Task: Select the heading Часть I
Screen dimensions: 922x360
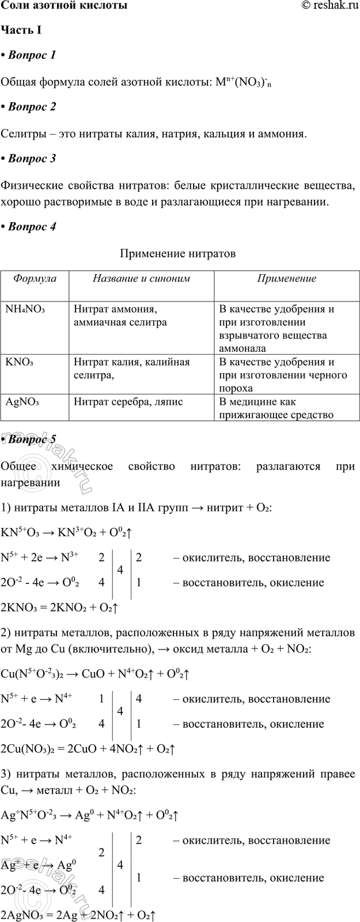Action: (x=20, y=30)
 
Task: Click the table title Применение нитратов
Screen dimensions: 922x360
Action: (x=178, y=253)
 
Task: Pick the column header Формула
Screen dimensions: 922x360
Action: (x=35, y=279)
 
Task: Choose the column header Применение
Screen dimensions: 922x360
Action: (x=286, y=279)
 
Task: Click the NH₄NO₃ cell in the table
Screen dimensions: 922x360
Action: (x=25, y=309)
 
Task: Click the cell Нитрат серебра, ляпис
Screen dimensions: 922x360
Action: (x=128, y=402)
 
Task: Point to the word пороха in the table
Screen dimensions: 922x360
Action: (x=236, y=389)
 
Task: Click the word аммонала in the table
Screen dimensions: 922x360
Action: (x=242, y=348)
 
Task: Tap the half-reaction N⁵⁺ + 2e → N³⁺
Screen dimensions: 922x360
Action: (x=40, y=557)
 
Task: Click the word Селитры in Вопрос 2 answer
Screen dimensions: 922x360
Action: (x=20, y=134)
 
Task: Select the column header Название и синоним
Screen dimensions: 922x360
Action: (x=141, y=279)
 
